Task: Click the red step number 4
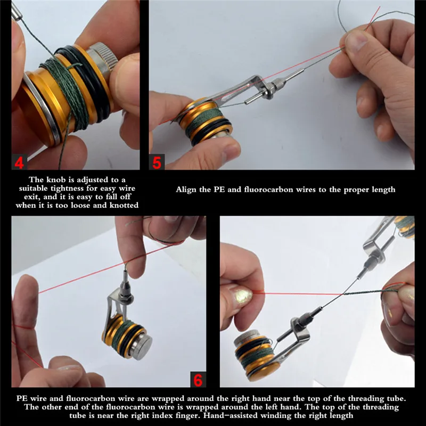(x=19, y=163)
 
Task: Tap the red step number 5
(x=157, y=163)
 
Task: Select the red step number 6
(x=198, y=380)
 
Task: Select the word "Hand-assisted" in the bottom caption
(x=230, y=416)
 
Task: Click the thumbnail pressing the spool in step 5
(x=230, y=153)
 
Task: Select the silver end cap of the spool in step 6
(x=140, y=346)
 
